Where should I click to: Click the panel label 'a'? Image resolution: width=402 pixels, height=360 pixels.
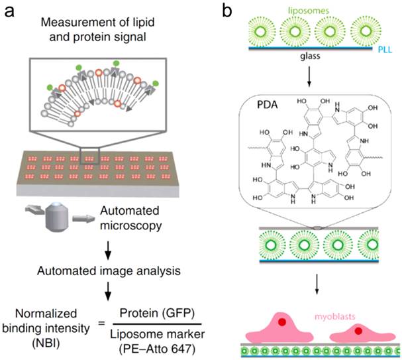(x=11, y=12)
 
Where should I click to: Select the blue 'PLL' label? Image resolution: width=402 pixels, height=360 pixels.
(x=391, y=47)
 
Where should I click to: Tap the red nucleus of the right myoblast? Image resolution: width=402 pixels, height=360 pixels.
(x=358, y=329)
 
